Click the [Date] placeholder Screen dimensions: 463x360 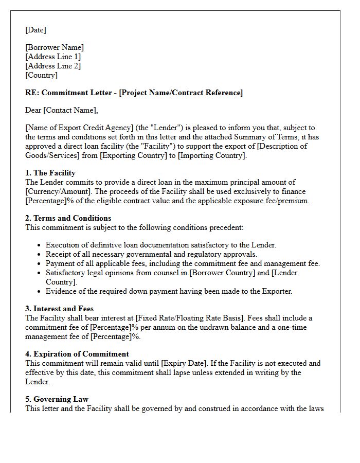[x=35, y=30]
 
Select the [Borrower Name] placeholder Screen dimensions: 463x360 [x=55, y=47]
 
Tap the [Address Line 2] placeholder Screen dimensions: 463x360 [x=53, y=66]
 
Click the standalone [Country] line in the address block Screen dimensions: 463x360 [x=41, y=75]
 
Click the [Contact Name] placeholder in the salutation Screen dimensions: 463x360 [x=70, y=110]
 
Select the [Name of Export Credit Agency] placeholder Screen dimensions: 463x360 [x=75, y=128]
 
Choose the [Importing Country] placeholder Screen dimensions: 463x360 [x=212, y=155]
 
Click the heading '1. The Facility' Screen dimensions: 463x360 [x=50, y=173]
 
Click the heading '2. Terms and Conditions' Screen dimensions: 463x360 [x=68, y=218]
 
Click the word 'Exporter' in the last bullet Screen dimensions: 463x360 [x=276, y=291]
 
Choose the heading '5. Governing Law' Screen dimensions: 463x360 [x=57, y=399]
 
